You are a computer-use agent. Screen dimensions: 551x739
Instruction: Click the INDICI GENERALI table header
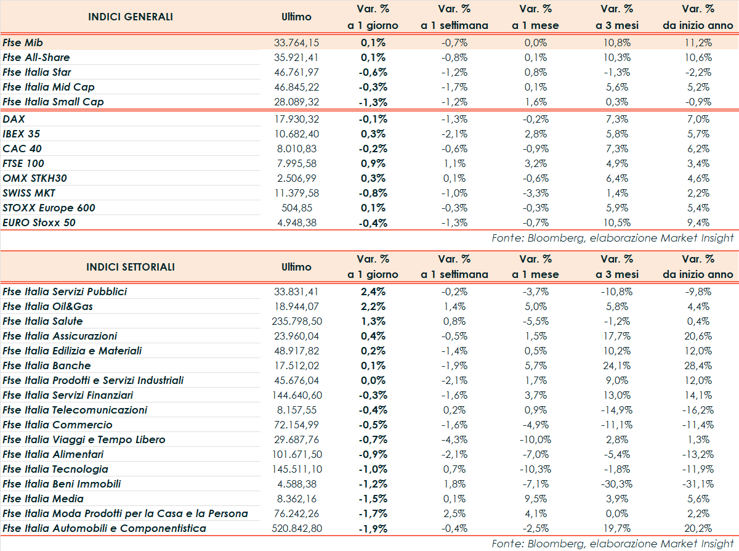click(x=131, y=17)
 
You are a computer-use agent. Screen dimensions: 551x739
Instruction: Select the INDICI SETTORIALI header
click(x=131, y=267)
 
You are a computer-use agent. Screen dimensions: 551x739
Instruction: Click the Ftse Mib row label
click(x=23, y=43)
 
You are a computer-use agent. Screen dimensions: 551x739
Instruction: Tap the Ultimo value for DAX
click(x=296, y=119)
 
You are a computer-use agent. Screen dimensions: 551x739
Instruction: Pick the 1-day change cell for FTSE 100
click(x=373, y=163)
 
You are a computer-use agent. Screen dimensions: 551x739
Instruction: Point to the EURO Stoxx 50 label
click(x=39, y=222)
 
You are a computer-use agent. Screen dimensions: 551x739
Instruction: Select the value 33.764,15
click(x=296, y=43)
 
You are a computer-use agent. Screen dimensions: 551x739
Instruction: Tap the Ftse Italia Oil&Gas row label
click(x=48, y=306)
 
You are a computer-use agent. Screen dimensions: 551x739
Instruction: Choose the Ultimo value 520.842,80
click(x=296, y=528)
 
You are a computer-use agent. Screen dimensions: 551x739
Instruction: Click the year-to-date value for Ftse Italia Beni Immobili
click(x=698, y=484)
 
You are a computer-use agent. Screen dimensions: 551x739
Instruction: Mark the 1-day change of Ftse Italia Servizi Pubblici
click(x=373, y=292)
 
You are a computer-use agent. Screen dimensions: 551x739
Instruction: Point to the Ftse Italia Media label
click(x=43, y=499)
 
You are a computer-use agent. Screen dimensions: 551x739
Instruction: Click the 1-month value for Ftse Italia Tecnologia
click(x=534, y=469)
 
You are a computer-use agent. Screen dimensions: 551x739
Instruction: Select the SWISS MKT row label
click(x=29, y=193)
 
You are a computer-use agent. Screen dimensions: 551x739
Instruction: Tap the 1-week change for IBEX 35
click(x=454, y=134)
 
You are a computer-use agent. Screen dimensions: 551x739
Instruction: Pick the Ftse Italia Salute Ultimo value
click(x=296, y=321)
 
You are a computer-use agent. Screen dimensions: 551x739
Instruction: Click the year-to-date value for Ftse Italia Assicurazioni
click(x=698, y=336)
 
